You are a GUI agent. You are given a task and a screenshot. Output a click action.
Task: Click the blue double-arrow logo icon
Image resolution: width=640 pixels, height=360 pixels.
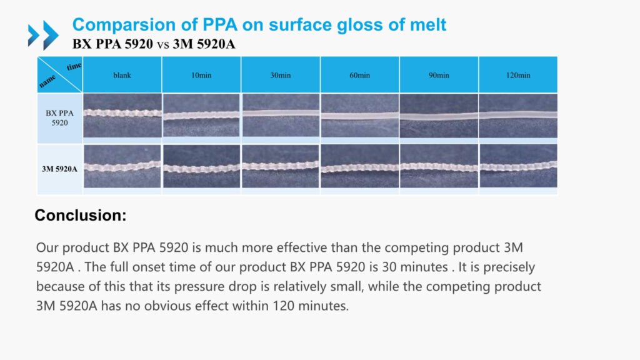tap(43, 35)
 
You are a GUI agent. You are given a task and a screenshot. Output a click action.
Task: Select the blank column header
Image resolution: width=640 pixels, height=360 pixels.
tap(122, 75)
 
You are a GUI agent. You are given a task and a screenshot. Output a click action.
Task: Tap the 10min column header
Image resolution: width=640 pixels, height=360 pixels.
tap(201, 75)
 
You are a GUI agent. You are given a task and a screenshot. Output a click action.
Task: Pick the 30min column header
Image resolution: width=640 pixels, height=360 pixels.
tap(281, 75)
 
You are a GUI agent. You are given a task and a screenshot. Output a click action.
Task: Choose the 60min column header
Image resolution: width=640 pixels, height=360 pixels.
tap(360, 75)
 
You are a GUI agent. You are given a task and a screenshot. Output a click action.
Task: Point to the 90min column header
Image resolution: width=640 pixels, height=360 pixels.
tap(439, 75)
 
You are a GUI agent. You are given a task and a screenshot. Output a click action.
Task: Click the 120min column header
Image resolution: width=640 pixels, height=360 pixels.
tap(518, 75)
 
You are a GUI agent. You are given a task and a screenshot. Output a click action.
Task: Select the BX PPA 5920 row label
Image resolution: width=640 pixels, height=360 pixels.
tap(60, 117)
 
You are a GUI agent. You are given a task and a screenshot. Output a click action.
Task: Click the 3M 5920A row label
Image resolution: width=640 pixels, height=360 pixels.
tap(60, 168)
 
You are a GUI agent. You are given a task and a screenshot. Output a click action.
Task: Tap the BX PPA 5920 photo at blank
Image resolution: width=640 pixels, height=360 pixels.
tap(122, 116)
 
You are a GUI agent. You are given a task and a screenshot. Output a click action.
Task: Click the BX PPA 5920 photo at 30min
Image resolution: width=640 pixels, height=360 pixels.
tap(281, 116)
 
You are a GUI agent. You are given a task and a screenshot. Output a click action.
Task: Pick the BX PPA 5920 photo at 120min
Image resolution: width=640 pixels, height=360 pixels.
tap(518, 116)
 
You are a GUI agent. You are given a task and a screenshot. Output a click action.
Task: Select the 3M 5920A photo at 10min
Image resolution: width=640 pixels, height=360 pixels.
tap(201, 167)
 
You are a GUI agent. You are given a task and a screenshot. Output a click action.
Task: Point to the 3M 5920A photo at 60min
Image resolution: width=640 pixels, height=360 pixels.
tap(360, 167)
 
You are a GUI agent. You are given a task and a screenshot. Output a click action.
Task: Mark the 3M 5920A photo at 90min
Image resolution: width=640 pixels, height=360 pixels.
tap(439, 167)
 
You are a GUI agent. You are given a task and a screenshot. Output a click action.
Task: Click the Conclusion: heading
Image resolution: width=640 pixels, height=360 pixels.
tap(81, 216)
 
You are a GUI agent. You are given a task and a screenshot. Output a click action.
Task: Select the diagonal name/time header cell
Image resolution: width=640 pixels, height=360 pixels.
tap(60, 75)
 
